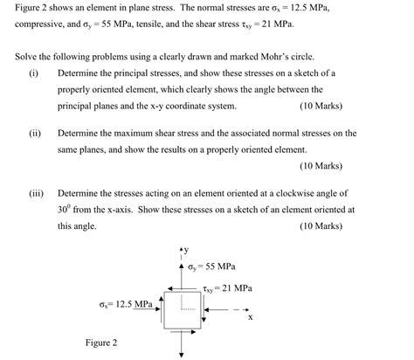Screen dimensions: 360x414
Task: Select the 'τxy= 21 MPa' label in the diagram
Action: tap(225, 287)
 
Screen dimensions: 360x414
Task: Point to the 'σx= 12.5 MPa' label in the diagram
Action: tap(125, 305)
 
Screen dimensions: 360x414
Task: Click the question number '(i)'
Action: tap(33, 73)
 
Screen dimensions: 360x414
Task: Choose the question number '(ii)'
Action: tap(34, 133)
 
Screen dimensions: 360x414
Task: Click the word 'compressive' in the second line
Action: tap(43, 24)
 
